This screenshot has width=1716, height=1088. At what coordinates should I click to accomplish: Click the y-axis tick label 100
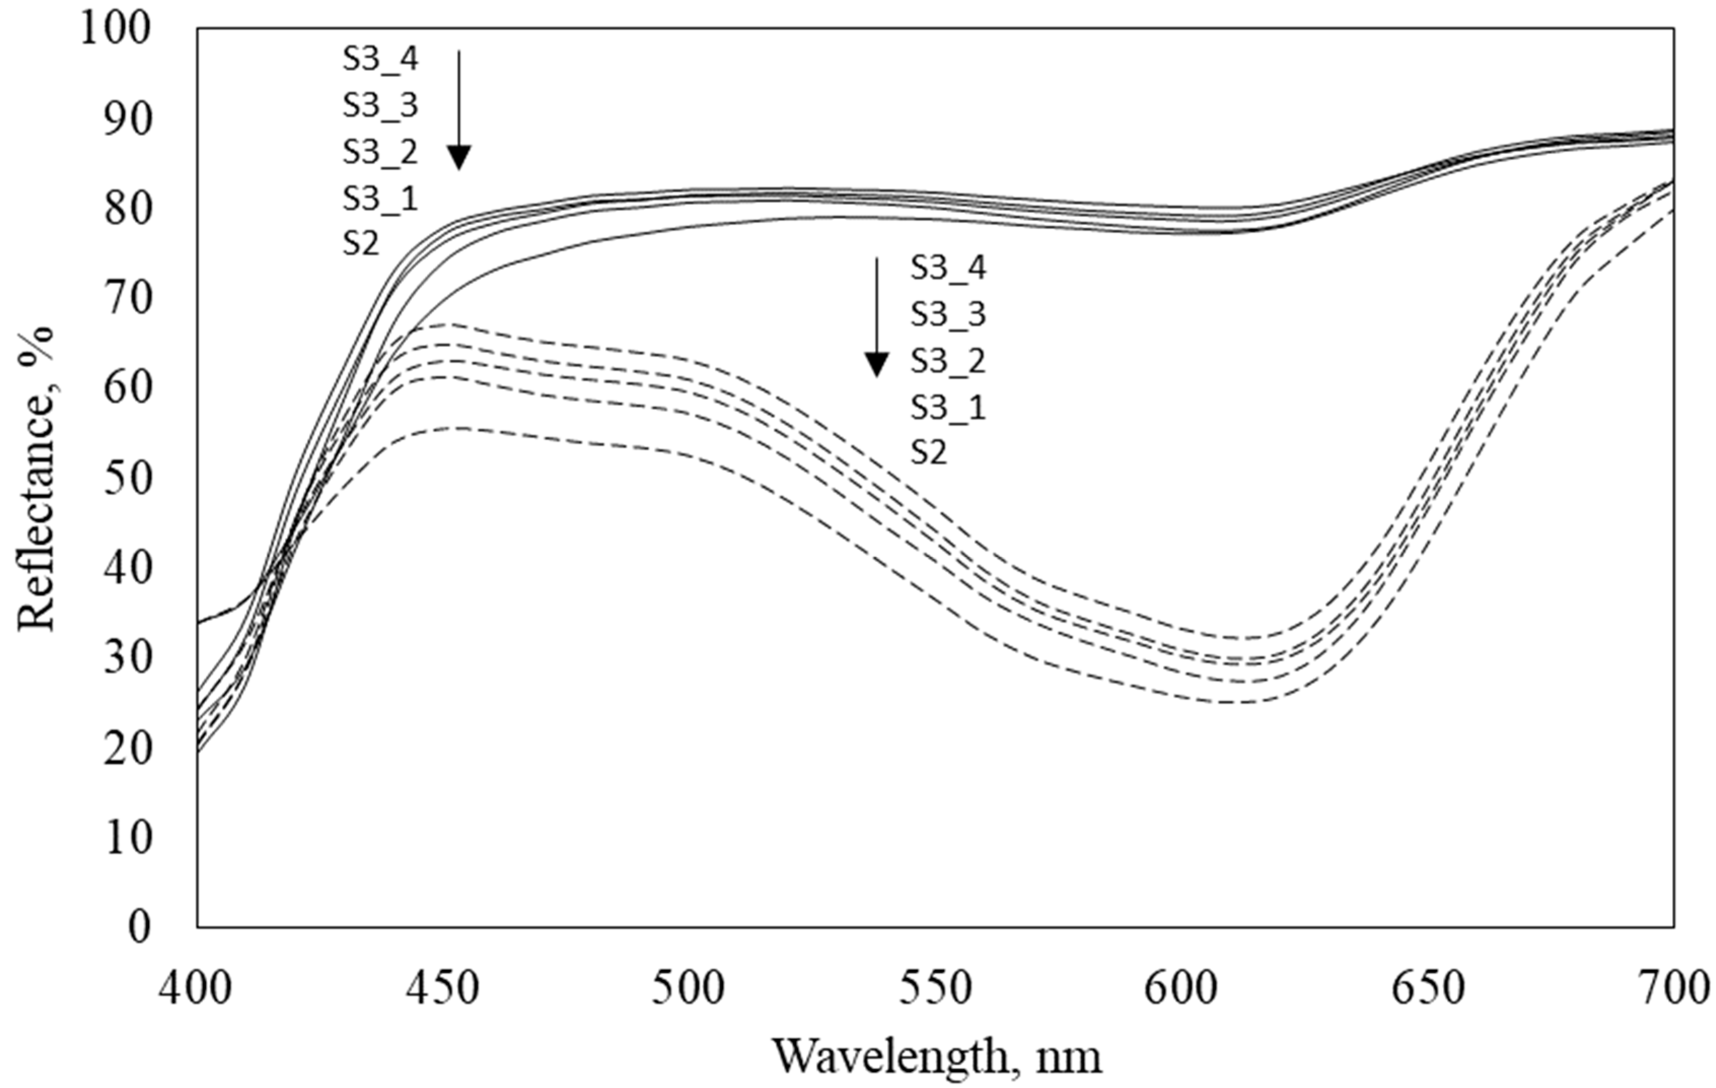point(116,29)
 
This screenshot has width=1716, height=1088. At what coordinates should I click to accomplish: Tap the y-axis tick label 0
point(140,927)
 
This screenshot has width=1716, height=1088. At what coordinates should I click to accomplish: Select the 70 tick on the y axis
point(128,299)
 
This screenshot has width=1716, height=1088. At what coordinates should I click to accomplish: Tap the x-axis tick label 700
point(1674,990)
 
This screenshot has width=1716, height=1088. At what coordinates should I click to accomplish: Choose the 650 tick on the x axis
point(1428,990)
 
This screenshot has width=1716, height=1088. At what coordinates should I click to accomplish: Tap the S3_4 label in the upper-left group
point(380,60)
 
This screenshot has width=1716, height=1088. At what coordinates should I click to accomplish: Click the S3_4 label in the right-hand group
point(948,268)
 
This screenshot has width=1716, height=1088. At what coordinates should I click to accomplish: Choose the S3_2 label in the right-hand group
point(948,361)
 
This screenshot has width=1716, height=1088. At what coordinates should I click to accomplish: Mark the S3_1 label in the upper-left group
point(380,198)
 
